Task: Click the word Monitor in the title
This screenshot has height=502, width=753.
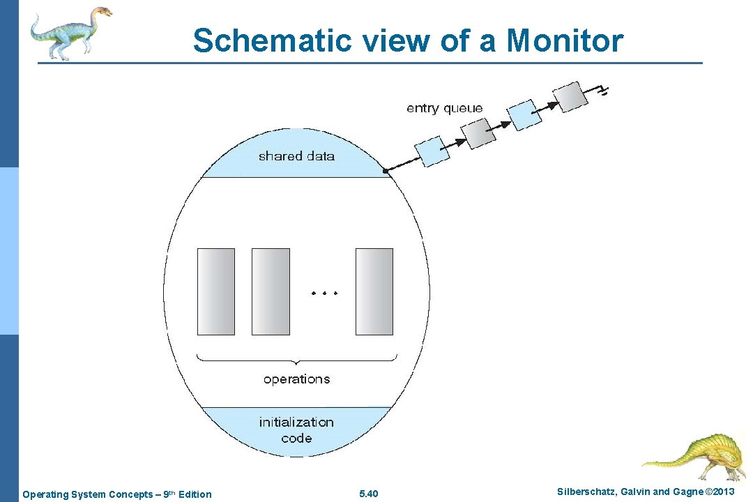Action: click(565, 40)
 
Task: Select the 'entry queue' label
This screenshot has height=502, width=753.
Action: click(444, 108)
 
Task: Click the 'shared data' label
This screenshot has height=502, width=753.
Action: click(296, 156)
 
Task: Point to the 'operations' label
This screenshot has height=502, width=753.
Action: click(296, 379)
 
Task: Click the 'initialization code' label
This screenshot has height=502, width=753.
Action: click(296, 430)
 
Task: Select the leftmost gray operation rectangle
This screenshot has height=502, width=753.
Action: click(216, 291)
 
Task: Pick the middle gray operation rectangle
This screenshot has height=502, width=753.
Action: click(271, 291)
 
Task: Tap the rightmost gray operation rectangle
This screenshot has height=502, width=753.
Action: click(374, 291)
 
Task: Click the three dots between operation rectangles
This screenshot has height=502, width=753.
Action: click(323, 293)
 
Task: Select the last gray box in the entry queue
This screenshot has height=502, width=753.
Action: click(566, 97)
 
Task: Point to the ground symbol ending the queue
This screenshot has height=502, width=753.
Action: click(602, 90)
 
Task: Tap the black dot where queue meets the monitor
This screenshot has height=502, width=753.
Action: click(385, 170)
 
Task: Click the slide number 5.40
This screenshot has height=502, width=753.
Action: click(368, 494)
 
